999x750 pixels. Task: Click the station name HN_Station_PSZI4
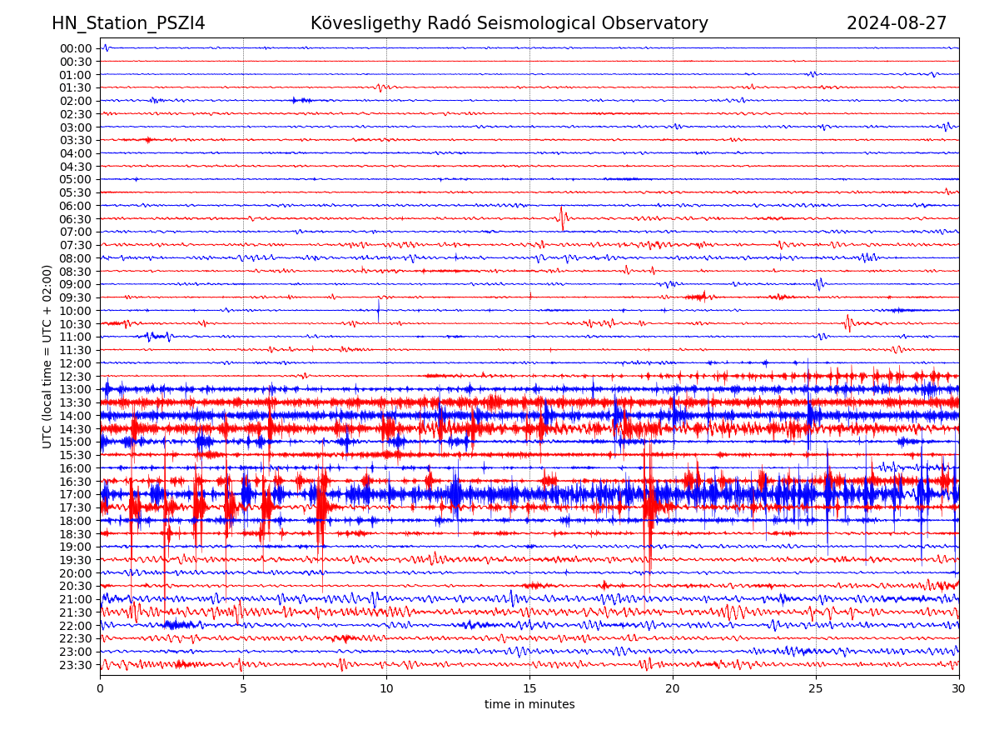[128, 23]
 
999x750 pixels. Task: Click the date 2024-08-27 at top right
[897, 23]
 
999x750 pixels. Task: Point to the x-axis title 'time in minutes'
[529, 704]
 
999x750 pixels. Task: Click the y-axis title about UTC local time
[47, 356]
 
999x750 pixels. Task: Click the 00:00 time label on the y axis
[75, 48]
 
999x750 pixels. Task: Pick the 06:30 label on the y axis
[75, 219]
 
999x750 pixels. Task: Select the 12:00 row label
[75, 363]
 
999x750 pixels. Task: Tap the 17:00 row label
[75, 494]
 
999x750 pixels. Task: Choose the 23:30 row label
[75, 665]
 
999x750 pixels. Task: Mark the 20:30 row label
[75, 586]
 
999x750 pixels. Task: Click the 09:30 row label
[75, 297]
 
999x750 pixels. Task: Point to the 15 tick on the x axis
[529, 688]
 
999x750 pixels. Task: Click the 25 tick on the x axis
[816, 688]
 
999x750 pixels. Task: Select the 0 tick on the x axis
[100, 688]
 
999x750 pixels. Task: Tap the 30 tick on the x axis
[959, 688]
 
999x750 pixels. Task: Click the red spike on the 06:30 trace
[562, 217]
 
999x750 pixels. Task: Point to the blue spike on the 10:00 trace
[378, 309]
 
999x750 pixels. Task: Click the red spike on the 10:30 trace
[847, 322]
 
